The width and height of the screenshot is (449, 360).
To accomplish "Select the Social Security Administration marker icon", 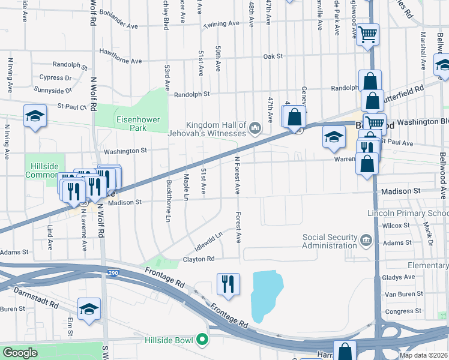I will pyautogui.click(x=366, y=241).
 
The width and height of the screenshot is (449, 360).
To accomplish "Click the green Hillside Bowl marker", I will pyautogui.click(x=202, y=340).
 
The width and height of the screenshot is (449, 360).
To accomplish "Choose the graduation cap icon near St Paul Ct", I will pyautogui.click(x=35, y=115).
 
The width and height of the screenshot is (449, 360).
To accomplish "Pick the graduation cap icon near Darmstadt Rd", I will pyautogui.click(x=89, y=309).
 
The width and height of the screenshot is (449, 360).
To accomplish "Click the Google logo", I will pyautogui.click(x=20, y=353).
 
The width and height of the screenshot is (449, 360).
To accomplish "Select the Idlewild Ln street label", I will pyautogui.click(x=209, y=241).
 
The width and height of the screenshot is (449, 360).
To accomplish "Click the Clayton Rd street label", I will pyautogui.click(x=198, y=259).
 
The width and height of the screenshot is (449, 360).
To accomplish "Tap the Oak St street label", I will pyautogui.click(x=273, y=56).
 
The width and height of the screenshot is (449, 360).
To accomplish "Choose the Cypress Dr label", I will pyautogui.click(x=56, y=77).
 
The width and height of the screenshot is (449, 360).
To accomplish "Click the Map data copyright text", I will pyautogui.click(x=423, y=355).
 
